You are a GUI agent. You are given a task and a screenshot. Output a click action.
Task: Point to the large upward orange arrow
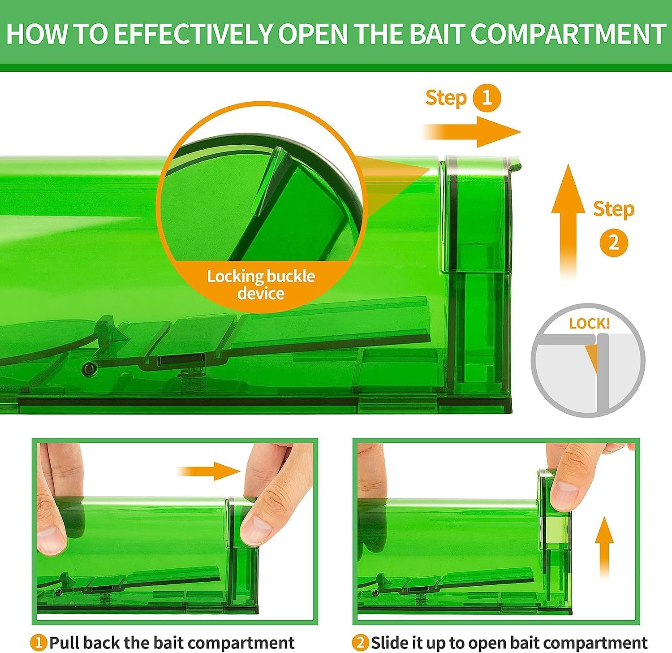568,221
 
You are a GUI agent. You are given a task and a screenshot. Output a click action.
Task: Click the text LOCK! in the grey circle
590,324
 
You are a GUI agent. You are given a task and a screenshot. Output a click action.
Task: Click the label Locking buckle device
261,285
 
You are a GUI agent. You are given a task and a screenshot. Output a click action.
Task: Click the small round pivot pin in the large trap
90,368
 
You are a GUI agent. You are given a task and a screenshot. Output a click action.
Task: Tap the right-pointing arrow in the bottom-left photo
210,471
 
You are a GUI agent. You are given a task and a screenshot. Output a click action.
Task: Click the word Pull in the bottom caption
65,643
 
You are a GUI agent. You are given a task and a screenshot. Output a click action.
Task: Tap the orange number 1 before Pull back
39,643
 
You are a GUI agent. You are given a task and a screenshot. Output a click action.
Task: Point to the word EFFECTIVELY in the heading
193,34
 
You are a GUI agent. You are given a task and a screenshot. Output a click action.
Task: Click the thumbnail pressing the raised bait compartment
562,497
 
